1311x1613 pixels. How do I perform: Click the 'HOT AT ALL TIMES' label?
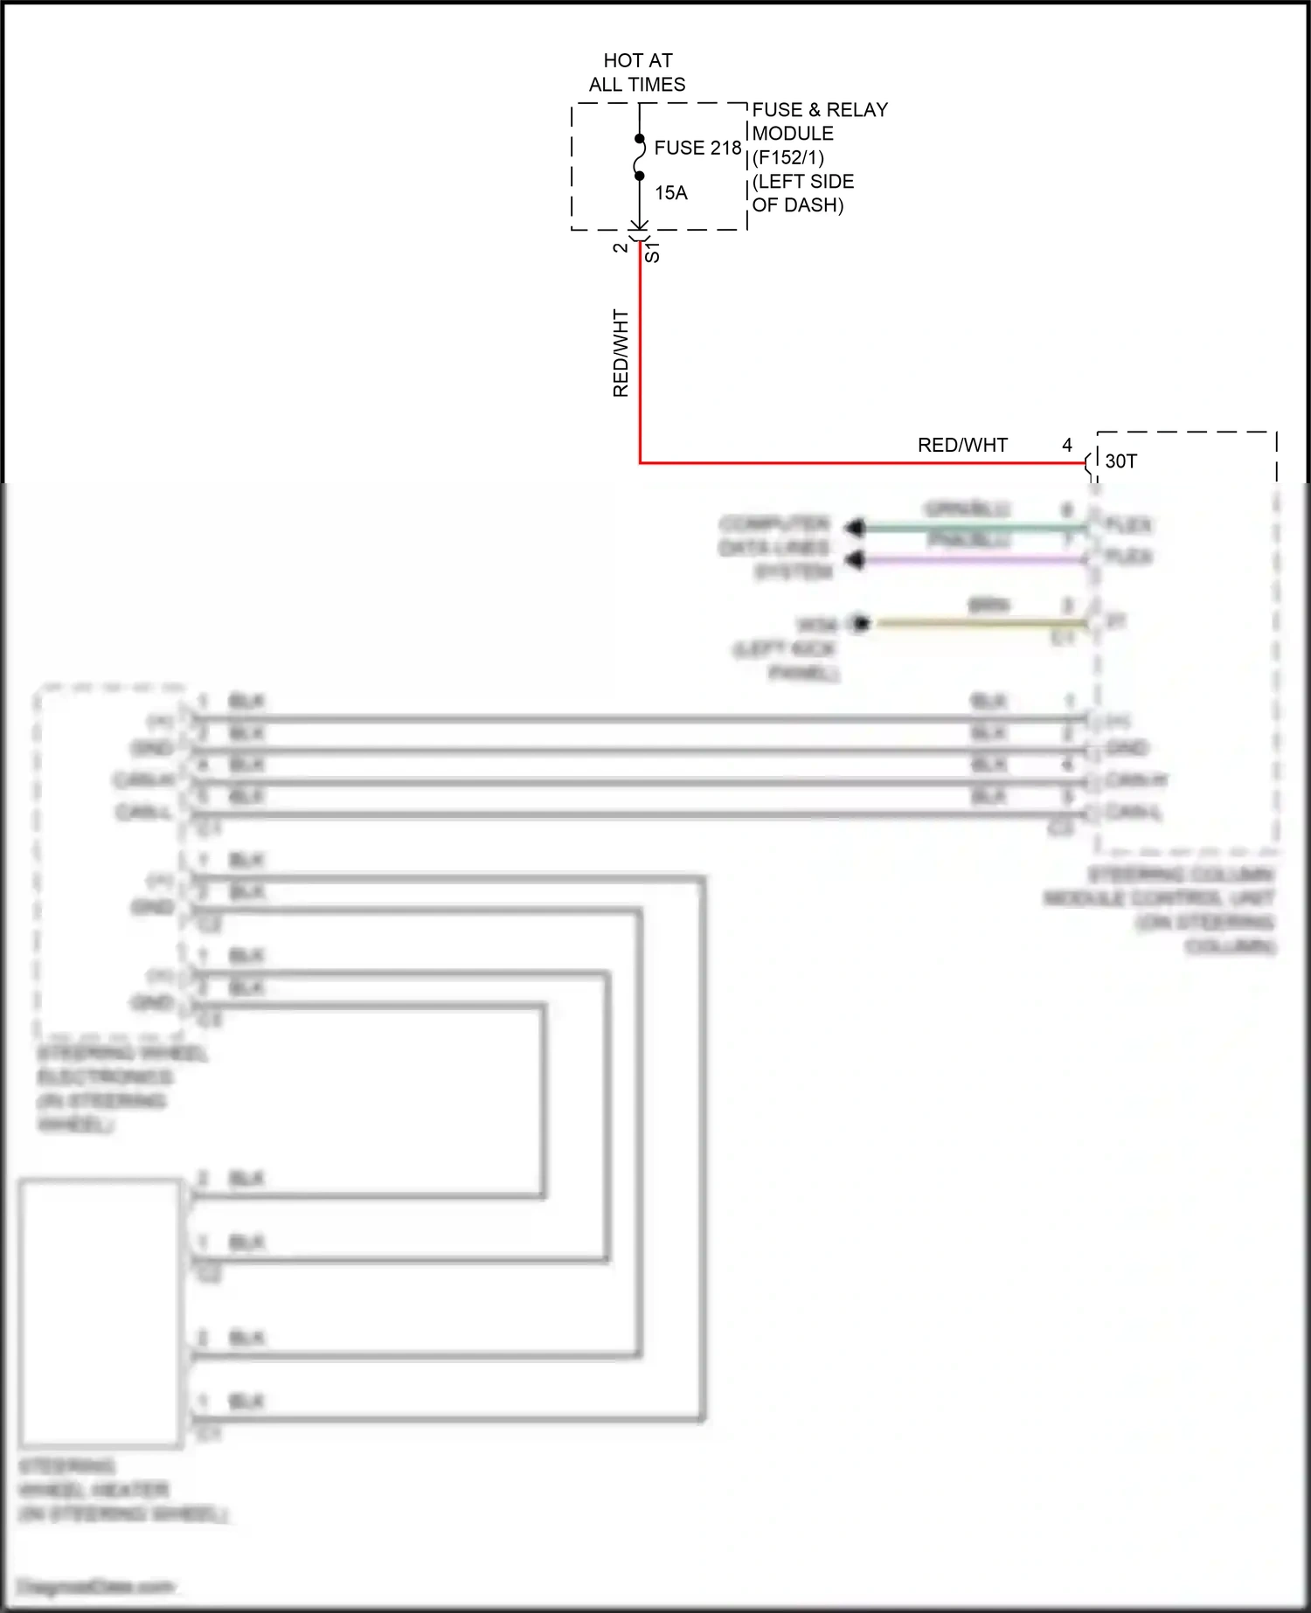pyautogui.click(x=637, y=73)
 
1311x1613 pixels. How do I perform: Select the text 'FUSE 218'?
pyautogui.click(x=697, y=148)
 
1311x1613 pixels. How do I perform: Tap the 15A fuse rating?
pyautogui.click(x=670, y=192)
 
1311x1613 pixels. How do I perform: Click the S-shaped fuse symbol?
pyautogui.click(x=639, y=157)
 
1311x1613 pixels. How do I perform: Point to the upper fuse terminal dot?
pyautogui.click(x=639, y=139)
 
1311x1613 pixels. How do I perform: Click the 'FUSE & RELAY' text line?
pyautogui.click(x=819, y=110)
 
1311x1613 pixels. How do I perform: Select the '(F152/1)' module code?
pyautogui.click(x=788, y=158)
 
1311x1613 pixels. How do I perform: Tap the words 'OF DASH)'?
pyautogui.click(x=797, y=205)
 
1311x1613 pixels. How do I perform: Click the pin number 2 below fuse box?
pyautogui.click(x=621, y=248)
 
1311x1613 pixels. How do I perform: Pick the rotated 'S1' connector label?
pyautogui.click(x=652, y=253)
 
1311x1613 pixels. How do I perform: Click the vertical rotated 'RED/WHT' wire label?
pyautogui.click(x=621, y=353)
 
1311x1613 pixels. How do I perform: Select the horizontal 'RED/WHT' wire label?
pyautogui.click(x=962, y=445)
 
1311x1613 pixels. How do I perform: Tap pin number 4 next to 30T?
pyautogui.click(x=1066, y=445)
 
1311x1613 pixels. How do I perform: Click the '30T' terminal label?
pyautogui.click(x=1120, y=461)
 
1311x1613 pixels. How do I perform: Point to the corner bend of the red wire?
pyautogui.click(x=640, y=462)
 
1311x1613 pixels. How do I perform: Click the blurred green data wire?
pyautogui.click(x=970, y=527)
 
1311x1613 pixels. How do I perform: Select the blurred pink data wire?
pyautogui.click(x=970, y=560)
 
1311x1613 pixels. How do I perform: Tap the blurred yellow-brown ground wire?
pyautogui.click(x=979, y=623)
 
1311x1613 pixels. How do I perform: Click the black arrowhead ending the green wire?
pyautogui.click(x=855, y=527)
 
